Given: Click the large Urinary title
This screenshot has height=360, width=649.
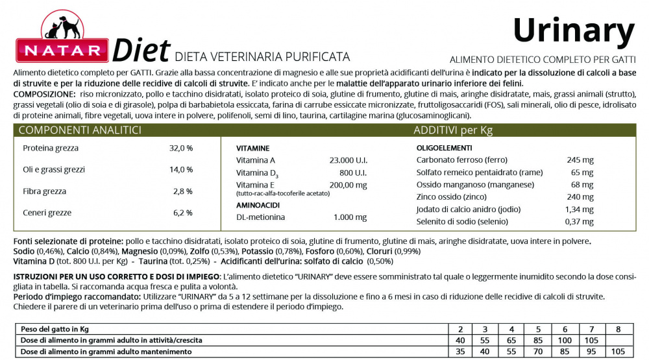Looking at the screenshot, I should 573,30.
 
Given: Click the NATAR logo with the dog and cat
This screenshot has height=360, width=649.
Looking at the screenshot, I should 62,40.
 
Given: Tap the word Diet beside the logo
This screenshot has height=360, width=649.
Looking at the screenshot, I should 141,51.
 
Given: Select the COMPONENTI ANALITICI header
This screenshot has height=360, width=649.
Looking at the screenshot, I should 80,130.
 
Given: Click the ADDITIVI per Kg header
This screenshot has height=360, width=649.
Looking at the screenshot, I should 453,130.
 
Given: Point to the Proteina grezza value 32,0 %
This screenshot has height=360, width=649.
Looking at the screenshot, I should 181,148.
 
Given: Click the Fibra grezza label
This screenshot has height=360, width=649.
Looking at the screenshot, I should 44,191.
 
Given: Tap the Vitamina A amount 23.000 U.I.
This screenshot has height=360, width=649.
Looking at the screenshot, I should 348,160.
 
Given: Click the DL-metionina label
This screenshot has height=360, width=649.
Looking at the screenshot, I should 260,217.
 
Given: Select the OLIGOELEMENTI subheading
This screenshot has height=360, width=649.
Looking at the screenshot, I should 445,148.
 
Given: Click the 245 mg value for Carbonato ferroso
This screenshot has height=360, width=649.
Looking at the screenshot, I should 580,160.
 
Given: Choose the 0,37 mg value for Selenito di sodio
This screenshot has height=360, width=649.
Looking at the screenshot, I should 579,222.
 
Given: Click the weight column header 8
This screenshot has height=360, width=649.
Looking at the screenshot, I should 618,329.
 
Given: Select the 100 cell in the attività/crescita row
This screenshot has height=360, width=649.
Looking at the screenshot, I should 565,340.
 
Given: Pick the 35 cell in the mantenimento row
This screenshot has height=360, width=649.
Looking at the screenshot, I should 460,352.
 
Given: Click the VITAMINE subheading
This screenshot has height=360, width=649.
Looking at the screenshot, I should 253,148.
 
